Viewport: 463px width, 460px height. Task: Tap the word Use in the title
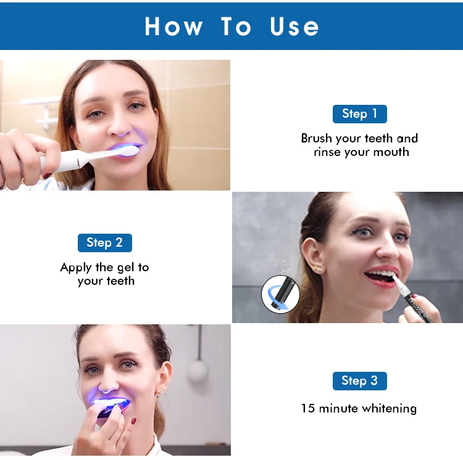click(x=294, y=27)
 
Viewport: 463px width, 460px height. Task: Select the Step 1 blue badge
click(x=359, y=113)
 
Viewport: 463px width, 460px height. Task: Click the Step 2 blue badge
click(x=104, y=242)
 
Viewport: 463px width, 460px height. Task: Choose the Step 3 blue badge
click(x=359, y=380)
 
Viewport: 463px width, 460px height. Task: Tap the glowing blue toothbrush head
click(x=130, y=150)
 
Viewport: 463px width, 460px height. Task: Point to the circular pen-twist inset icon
click(x=280, y=294)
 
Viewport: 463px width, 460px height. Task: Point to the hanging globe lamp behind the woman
click(x=198, y=369)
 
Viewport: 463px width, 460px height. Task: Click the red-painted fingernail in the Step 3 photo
click(x=133, y=421)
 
